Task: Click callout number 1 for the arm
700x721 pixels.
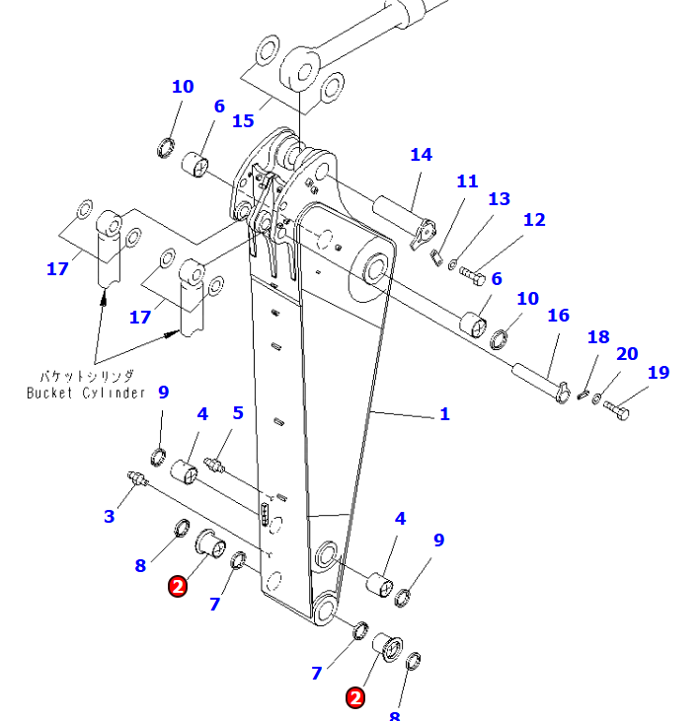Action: [x=444, y=414]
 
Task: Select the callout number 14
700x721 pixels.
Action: [x=422, y=155]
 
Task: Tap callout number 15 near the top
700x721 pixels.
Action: [x=243, y=121]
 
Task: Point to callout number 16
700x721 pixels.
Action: [x=558, y=316]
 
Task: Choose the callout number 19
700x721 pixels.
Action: [x=658, y=373]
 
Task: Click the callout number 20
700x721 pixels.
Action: [x=627, y=354]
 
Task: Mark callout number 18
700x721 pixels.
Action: [x=598, y=337]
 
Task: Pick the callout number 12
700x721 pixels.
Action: [x=534, y=220]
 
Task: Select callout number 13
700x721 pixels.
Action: [x=500, y=199]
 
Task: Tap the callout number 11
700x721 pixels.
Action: [x=467, y=181]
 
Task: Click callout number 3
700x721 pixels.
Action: [x=109, y=516]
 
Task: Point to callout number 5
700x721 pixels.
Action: [x=237, y=413]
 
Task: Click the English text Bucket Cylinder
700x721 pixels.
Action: [x=86, y=394]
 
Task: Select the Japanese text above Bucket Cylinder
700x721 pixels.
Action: [x=87, y=377]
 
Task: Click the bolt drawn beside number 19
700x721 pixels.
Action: [x=617, y=407]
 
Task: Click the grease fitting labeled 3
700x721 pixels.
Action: [x=136, y=480]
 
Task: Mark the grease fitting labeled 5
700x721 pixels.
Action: [x=215, y=464]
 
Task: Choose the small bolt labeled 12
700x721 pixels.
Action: [x=471, y=273]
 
